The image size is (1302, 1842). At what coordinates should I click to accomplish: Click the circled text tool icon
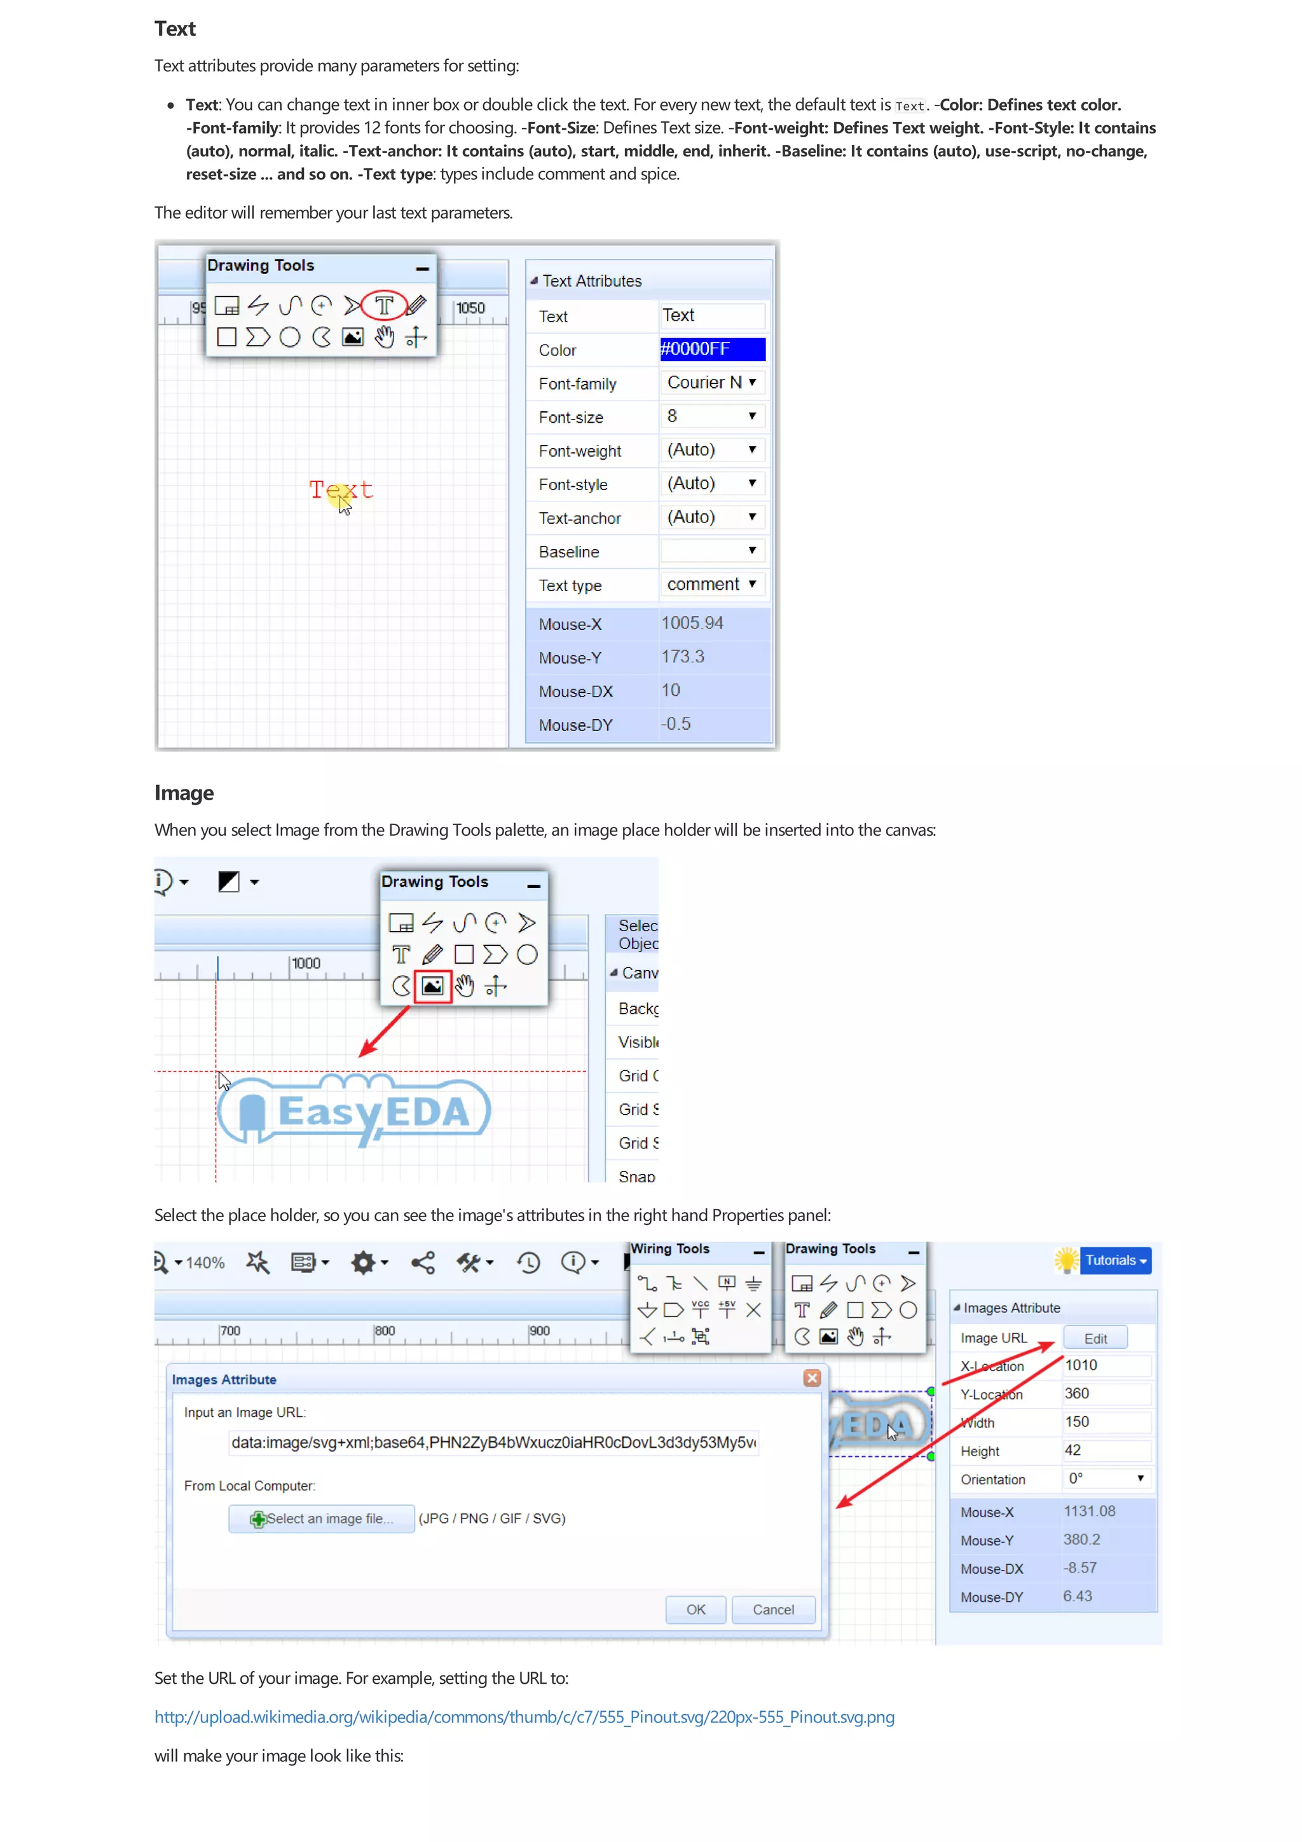pyautogui.click(x=384, y=306)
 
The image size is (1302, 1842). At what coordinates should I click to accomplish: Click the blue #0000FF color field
pyautogui.click(x=711, y=349)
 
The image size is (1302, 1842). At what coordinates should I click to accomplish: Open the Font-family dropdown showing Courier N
pyautogui.click(x=711, y=383)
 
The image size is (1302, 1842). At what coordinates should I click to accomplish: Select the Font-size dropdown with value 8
pyautogui.click(x=711, y=416)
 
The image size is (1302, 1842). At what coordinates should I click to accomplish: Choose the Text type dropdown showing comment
pyautogui.click(x=711, y=584)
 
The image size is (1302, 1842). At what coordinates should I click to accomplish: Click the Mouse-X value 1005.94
pyautogui.click(x=692, y=624)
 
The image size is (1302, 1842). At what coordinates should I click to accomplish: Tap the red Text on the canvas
pyautogui.click(x=341, y=489)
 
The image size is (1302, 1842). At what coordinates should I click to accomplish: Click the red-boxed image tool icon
pyautogui.click(x=432, y=986)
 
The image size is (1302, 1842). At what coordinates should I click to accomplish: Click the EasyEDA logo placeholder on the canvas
pyautogui.click(x=355, y=1112)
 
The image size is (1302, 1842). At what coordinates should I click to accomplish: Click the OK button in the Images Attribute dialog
pyautogui.click(x=696, y=1609)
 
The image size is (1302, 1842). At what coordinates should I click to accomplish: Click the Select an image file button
pyautogui.click(x=322, y=1518)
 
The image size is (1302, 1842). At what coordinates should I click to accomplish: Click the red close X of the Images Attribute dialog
pyautogui.click(x=812, y=1378)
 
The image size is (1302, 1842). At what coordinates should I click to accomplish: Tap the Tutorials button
pyautogui.click(x=1114, y=1260)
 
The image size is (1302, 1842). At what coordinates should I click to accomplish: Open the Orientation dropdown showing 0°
pyautogui.click(x=1106, y=1478)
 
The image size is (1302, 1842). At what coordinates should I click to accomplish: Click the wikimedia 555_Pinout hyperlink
pyautogui.click(x=524, y=1717)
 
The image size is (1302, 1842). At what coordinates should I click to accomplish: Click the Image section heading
pyautogui.click(x=184, y=793)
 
